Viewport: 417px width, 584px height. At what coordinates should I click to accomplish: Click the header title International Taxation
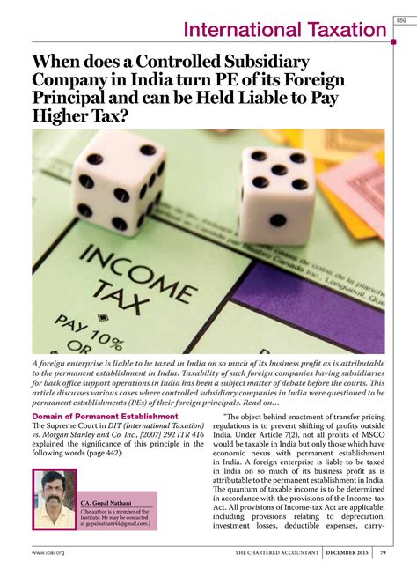pyautogui.click(x=285, y=31)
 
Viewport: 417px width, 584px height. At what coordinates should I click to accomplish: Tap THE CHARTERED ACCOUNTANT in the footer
pyautogui.click(x=277, y=553)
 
